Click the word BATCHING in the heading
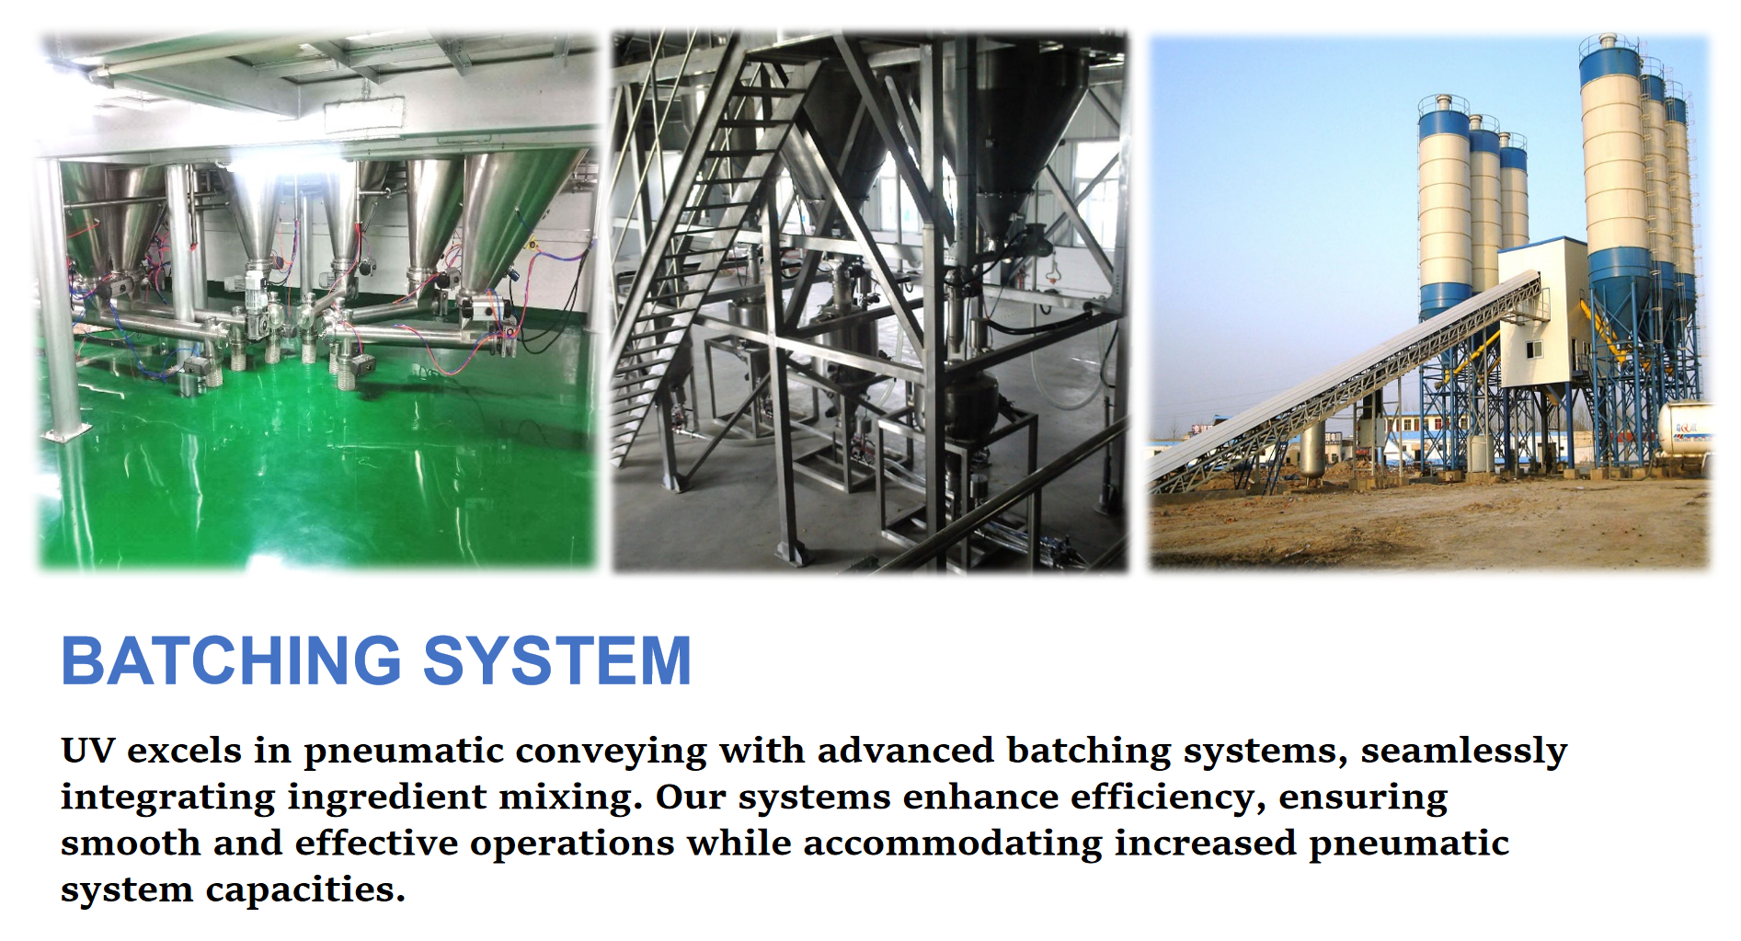pyautogui.click(x=232, y=660)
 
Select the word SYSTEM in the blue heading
pyautogui.click(x=556, y=660)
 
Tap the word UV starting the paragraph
pyautogui.click(x=87, y=751)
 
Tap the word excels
pyautogui.click(x=184, y=751)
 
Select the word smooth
pyautogui.click(x=131, y=843)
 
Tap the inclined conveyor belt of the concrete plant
pyautogui.click(x=1343, y=382)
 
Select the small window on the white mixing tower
pyautogui.click(x=1534, y=350)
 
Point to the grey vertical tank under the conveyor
pyautogui.click(x=1312, y=449)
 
